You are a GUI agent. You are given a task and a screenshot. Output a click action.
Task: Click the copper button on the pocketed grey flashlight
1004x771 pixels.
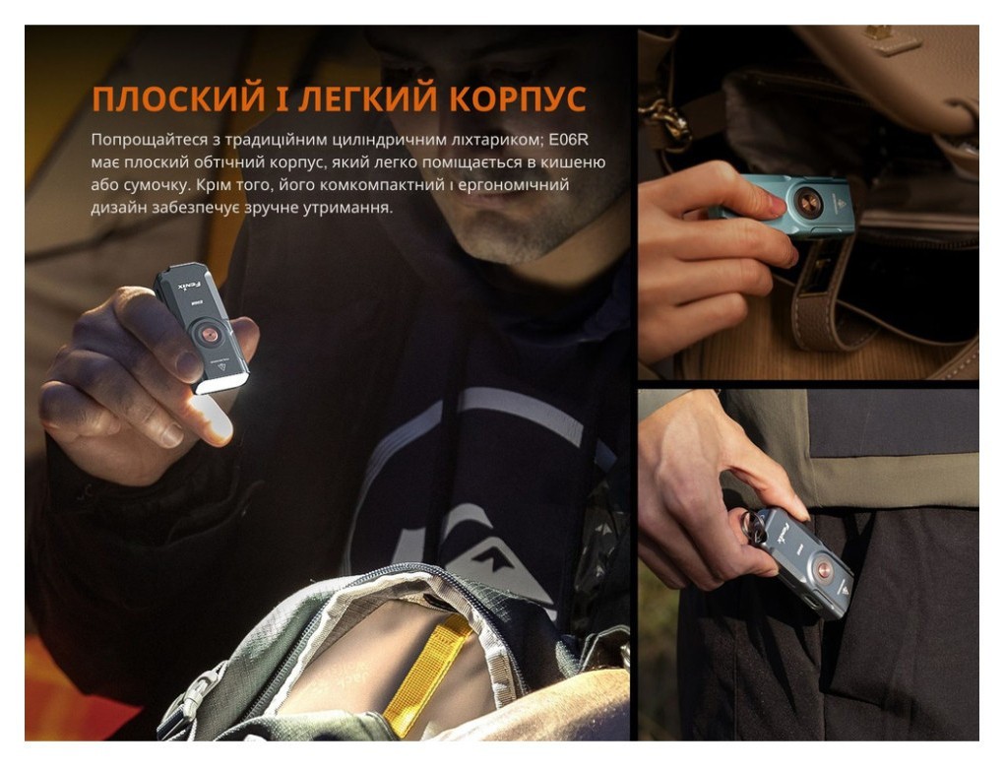819,568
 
